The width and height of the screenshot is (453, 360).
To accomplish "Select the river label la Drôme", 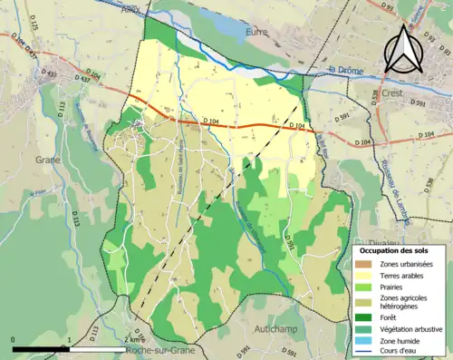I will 346,70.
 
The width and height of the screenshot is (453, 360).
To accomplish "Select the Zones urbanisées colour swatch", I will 367,263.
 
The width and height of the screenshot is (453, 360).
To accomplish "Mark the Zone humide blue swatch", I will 367,340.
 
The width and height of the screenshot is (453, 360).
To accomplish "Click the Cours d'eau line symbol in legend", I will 367,352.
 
